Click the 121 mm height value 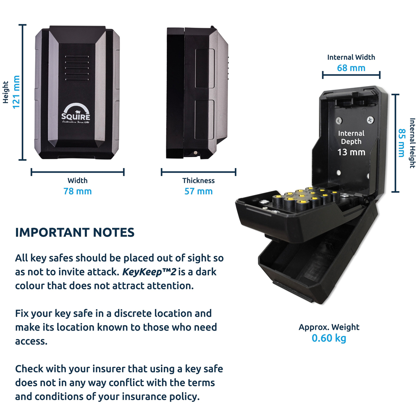[16, 92]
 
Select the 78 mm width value [77, 192]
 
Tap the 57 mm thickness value [198, 192]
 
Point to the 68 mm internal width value [351, 68]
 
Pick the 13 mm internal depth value [352, 152]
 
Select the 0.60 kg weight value [329, 338]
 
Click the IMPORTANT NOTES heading [75, 233]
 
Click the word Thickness [198, 181]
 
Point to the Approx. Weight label [329, 327]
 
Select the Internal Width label [351, 57]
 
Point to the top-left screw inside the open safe [339, 121]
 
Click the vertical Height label [6, 92]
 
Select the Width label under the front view [77, 181]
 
